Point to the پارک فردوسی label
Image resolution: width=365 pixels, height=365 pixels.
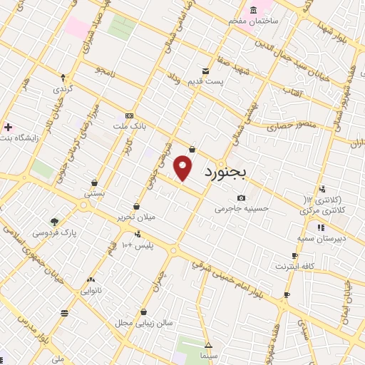[x=52, y=232]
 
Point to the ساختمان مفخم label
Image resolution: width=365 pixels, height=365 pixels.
[x=252, y=21]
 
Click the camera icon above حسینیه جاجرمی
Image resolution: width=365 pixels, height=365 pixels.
[x=242, y=197]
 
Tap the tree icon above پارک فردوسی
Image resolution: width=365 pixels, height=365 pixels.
[x=54, y=221]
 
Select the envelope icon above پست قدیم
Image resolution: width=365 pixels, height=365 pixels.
[x=205, y=71]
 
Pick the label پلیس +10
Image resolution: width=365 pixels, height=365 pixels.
[x=137, y=246]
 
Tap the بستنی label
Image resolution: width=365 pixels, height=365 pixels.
[x=95, y=193]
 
